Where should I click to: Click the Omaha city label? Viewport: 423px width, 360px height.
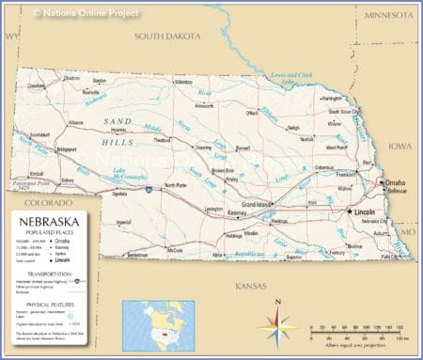coord(396,181)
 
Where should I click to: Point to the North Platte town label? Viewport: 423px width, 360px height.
coord(176,185)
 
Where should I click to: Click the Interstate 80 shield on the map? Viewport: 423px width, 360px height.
coord(149,190)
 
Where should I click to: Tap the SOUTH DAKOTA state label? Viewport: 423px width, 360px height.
coord(167,36)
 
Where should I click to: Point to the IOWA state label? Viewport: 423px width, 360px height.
coord(400,146)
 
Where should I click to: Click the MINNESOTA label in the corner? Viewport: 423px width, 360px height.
coord(389,16)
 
